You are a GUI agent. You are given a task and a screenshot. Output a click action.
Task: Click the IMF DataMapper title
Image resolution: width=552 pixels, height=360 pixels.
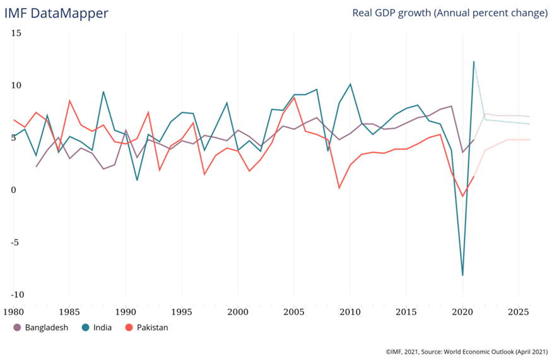[x=56, y=13]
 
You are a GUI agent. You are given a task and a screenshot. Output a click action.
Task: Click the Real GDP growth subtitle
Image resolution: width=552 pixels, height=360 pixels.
[x=449, y=13]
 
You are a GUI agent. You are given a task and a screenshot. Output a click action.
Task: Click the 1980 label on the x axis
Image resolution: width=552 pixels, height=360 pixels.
[x=13, y=311]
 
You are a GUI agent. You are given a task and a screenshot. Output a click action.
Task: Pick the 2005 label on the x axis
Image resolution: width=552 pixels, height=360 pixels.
[x=294, y=311]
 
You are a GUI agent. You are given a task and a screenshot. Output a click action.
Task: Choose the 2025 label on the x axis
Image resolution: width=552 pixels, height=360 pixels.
[x=519, y=311]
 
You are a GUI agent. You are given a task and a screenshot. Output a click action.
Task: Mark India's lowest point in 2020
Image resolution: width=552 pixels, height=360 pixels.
[x=462, y=276]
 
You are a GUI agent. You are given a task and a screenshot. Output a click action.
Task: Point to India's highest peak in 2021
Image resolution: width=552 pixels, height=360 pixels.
[x=474, y=62]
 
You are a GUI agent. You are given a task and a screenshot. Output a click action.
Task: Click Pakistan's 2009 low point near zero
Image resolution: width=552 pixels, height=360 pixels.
[x=339, y=188]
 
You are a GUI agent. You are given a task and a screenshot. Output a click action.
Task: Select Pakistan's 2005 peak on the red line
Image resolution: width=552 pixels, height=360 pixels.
[x=294, y=98]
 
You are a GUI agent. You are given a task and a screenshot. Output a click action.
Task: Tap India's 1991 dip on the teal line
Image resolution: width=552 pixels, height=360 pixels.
[x=137, y=180]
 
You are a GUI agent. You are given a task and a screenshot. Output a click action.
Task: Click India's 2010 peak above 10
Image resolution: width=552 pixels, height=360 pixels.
[x=350, y=84]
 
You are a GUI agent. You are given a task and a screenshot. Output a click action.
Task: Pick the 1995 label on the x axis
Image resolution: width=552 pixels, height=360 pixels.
[x=182, y=311]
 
